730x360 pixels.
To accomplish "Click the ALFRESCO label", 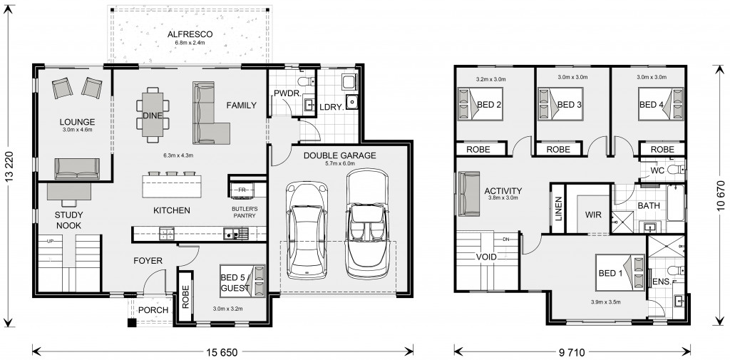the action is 190,34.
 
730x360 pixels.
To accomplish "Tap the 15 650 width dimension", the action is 223,351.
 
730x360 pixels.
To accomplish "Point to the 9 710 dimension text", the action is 572,351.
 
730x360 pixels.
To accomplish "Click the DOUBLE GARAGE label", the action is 339,155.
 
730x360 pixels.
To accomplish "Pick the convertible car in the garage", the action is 367,224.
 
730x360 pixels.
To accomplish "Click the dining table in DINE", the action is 153,115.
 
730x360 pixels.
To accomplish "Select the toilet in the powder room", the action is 307,83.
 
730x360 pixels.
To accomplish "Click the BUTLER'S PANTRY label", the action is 245,212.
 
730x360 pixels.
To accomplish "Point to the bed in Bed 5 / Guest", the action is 242,281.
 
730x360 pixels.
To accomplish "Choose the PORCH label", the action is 153,310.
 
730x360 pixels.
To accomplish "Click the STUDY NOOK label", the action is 68,220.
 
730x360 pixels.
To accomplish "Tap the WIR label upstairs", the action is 594,215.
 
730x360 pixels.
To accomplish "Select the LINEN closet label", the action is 559,208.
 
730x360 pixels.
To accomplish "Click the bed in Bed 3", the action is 560,104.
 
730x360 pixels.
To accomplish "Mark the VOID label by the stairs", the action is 486,257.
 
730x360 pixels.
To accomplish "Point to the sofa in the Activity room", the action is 469,194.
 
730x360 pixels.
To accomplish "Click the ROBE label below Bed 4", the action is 662,150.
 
